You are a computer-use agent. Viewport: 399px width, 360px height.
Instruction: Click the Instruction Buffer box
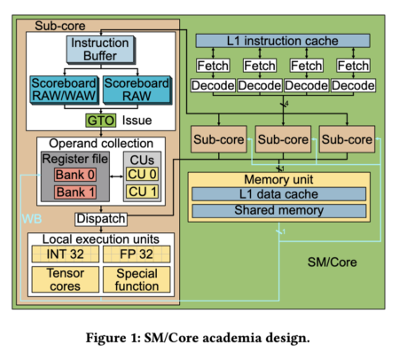[101, 50]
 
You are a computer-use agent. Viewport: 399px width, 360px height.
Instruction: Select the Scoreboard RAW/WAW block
[64, 90]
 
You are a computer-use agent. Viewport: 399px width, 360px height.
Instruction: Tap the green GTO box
[101, 121]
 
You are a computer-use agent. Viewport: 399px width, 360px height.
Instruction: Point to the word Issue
[137, 121]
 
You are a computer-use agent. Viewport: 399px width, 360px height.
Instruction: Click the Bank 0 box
[75, 175]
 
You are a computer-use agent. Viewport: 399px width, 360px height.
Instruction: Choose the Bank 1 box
[75, 192]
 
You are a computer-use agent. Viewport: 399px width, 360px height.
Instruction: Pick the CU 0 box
[142, 174]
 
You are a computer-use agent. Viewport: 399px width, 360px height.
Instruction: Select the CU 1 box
[142, 192]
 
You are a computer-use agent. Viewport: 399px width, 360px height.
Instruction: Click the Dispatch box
[101, 219]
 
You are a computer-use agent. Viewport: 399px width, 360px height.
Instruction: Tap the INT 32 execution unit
[66, 254]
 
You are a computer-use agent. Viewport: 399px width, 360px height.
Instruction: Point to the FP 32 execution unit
[137, 254]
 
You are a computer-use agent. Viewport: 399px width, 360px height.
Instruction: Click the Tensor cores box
[66, 279]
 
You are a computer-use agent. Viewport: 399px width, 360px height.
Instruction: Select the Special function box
[137, 279]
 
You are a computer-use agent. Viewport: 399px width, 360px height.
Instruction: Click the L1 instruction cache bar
[283, 41]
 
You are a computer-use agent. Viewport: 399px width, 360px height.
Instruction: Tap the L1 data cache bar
[278, 194]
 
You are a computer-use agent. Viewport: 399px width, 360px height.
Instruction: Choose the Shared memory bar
[278, 210]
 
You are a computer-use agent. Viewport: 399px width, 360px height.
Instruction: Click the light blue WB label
[32, 219]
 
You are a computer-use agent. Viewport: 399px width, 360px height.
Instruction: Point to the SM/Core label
[332, 262]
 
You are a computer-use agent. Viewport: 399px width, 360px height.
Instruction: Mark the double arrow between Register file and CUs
[116, 176]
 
